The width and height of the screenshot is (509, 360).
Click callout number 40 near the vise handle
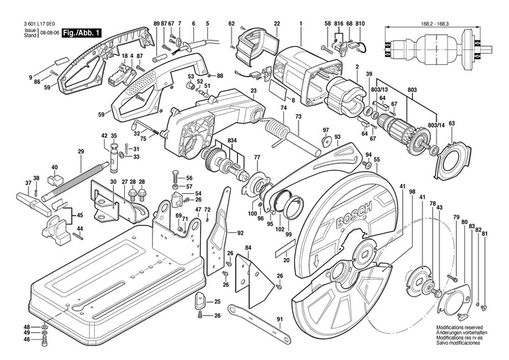(54, 167)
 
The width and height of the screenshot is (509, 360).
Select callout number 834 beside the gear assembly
(231, 140)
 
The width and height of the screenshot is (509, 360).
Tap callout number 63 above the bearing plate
(451, 123)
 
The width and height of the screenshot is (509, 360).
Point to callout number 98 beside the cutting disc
(412, 192)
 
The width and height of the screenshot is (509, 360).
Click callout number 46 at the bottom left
(27, 340)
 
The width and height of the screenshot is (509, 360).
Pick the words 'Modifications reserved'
(461, 327)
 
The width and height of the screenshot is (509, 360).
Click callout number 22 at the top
(277, 24)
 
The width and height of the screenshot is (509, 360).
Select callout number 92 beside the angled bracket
(240, 232)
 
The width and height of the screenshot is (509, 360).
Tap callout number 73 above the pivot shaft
(298, 116)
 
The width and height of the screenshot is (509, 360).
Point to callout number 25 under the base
(217, 301)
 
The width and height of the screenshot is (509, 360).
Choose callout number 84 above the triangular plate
(248, 248)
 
